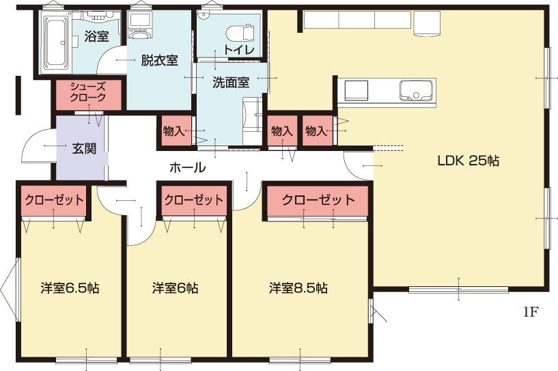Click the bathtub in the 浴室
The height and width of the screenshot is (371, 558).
(56, 42)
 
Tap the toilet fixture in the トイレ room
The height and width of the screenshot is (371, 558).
(240, 33)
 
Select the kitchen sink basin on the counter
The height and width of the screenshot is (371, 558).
(416, 90)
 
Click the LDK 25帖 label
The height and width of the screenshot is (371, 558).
(468, 161)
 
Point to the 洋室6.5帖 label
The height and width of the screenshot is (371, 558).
(70, 288)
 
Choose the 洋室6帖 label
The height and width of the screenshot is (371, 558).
(175, 288)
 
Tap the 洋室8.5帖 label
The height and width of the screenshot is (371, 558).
(298, 288)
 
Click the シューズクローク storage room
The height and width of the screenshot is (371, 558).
(88, 95)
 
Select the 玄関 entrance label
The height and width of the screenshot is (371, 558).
(84, 148)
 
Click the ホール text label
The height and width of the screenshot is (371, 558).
(188, 167)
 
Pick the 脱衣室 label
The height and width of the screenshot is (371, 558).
(159, 60)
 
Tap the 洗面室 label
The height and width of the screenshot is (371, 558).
(231, 83)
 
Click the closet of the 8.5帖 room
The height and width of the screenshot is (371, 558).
(318, 200)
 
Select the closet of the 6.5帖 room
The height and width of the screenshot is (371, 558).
(54, 200)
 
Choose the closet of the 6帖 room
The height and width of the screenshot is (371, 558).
(194, 200)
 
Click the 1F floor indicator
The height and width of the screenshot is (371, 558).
(530, 312)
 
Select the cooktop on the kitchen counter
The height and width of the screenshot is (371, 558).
(356, 90)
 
